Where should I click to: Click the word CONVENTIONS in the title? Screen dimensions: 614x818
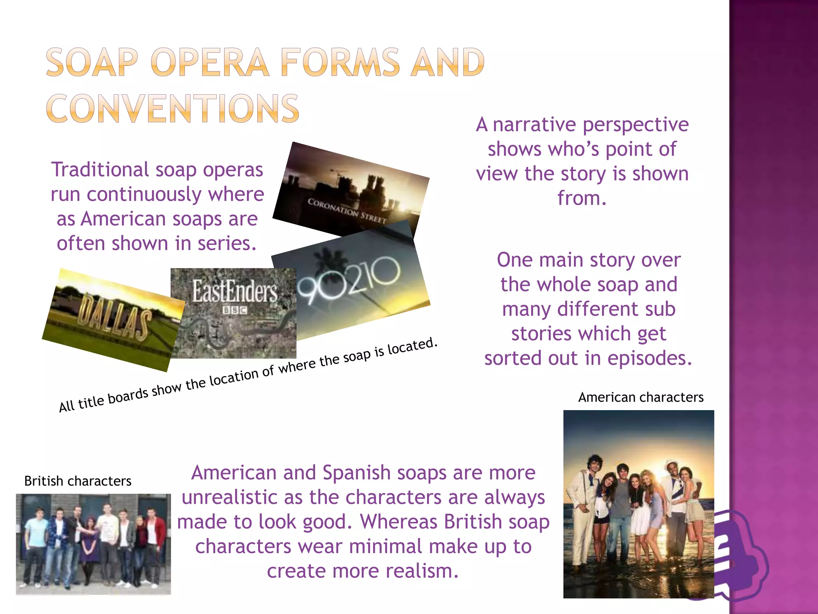click(x=173, y=108)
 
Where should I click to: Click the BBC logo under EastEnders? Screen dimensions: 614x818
click(x=234, y=310)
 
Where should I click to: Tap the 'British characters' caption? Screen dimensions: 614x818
click(x=78, y=481)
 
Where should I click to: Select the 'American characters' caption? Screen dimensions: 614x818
click(x=641, y=397)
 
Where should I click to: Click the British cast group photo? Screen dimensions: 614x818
click(x=93, y=544)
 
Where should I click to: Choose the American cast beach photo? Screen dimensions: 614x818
click(x=638, y=504)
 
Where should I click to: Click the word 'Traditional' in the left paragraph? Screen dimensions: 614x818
click(x=100, y=170)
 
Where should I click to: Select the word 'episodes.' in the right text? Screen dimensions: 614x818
click(x=649, y=358)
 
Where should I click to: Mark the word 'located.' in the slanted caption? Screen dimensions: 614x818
click(x=412, y=345)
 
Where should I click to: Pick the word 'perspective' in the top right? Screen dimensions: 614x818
click(x=636, y=125)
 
